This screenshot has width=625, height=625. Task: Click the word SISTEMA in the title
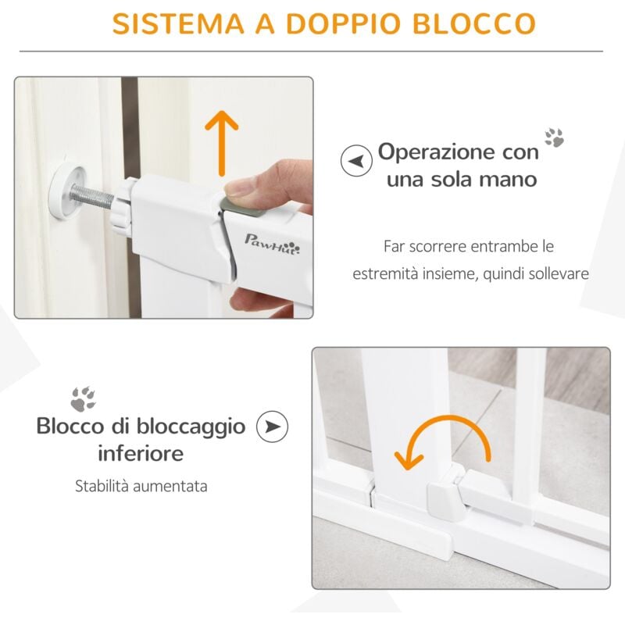[x=178, y=23]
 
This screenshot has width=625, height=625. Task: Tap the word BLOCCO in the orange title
[x=474, y=23]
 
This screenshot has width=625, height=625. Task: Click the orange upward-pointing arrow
[x=222, y=143]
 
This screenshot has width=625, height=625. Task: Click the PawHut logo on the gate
[x=272, y=245]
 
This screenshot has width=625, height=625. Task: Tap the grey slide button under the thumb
[x=242, y=205]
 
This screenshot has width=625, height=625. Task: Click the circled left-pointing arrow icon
[x=356, y=161]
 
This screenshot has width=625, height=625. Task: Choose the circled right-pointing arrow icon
[x=272, y=427]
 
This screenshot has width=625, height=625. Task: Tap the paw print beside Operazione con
[x=555, y=137]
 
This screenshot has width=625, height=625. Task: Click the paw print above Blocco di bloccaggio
[x=84, y=399]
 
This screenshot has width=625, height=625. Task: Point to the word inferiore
[x=141, y=454]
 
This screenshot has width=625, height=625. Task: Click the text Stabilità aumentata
[x=141, y=486]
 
